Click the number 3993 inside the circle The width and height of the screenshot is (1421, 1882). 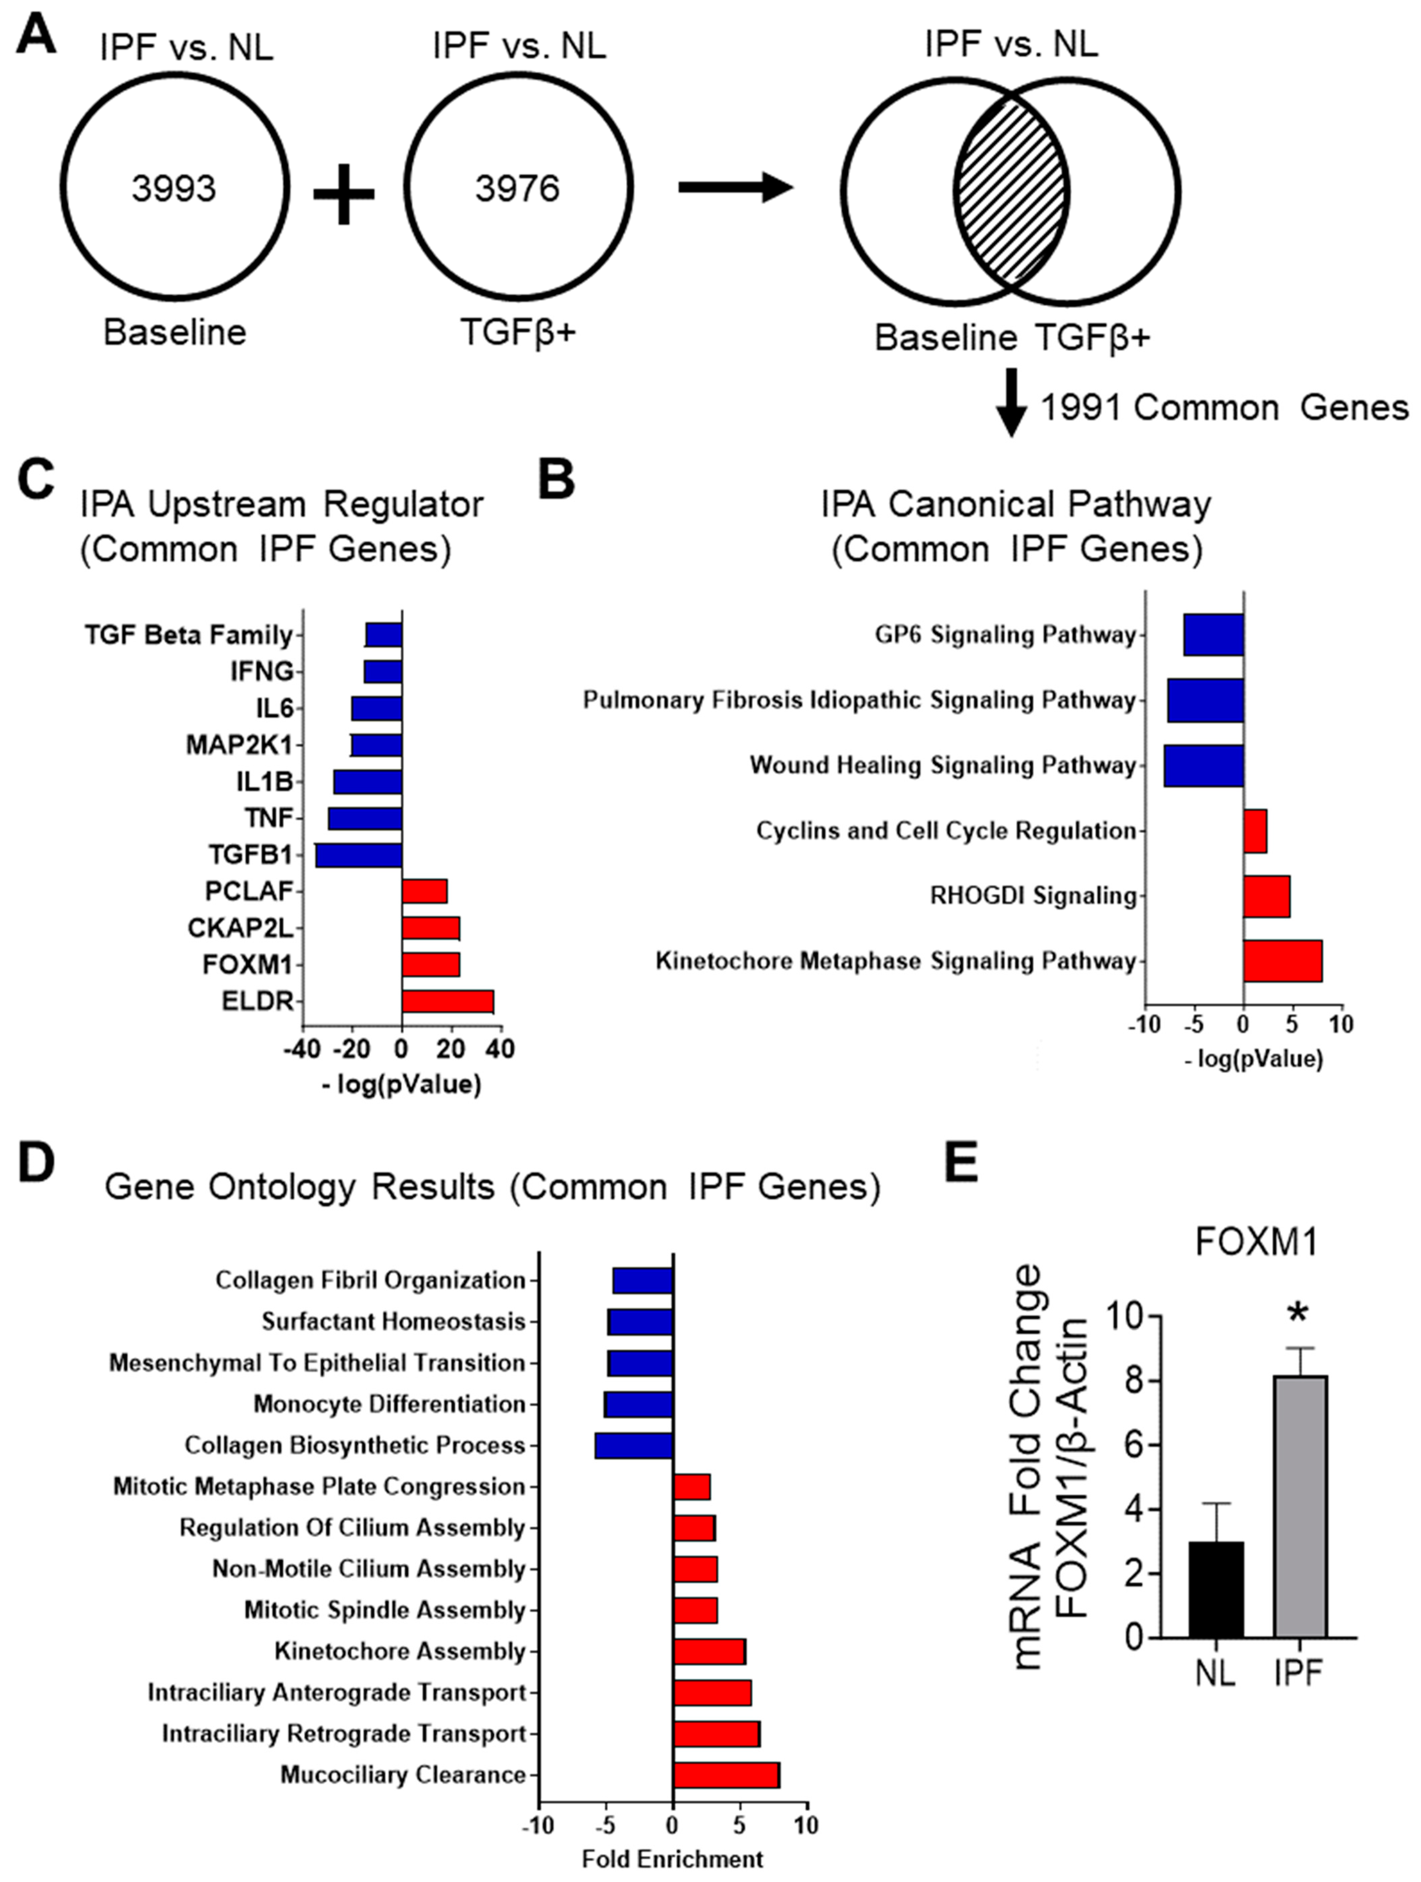[x=173, y=188]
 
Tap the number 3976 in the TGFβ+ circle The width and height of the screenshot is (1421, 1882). [x=517, y=188]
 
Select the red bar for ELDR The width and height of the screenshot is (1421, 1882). [x=448, y=1002]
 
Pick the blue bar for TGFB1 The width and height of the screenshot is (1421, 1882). [x=358, y=855]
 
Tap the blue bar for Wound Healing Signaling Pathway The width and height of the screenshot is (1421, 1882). [x=1203, y=766]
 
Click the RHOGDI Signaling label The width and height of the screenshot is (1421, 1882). [x=1033, y=896]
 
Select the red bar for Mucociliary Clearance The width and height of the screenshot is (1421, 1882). [x=726, y=1775]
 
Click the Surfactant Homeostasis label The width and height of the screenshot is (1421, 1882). [x=393, y=1321]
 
